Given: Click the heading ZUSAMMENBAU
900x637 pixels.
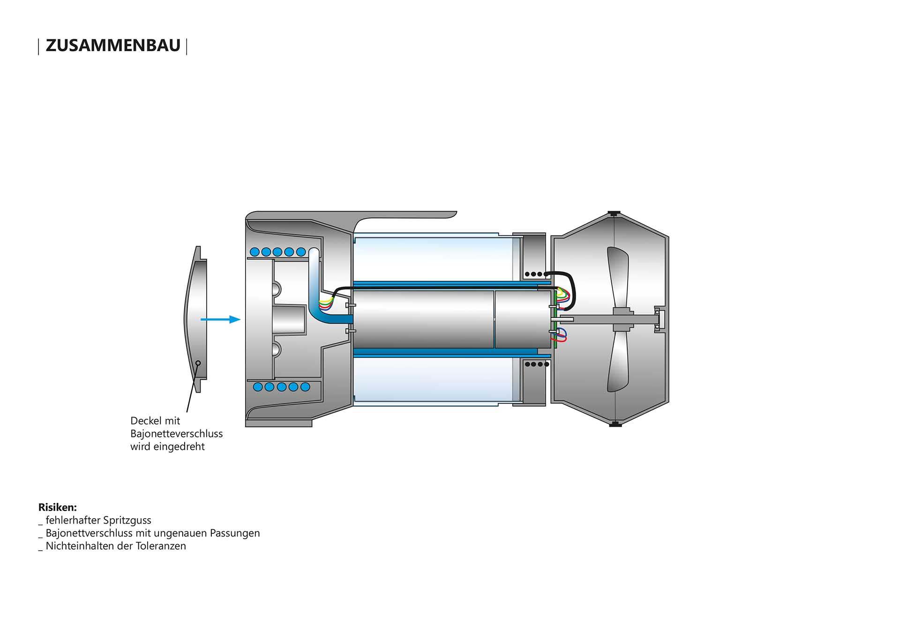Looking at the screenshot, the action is pos(113,45).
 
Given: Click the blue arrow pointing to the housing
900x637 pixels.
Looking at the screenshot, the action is pos(220,319).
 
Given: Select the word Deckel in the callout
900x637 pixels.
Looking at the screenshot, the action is pos(147,421).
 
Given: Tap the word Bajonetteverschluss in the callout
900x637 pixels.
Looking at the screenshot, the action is pos(177,433).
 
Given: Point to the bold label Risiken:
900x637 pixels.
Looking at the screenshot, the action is pos(58,507).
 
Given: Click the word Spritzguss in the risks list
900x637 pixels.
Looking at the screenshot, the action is pos(127,520).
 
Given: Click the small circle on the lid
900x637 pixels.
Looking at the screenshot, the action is pos(198,363).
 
